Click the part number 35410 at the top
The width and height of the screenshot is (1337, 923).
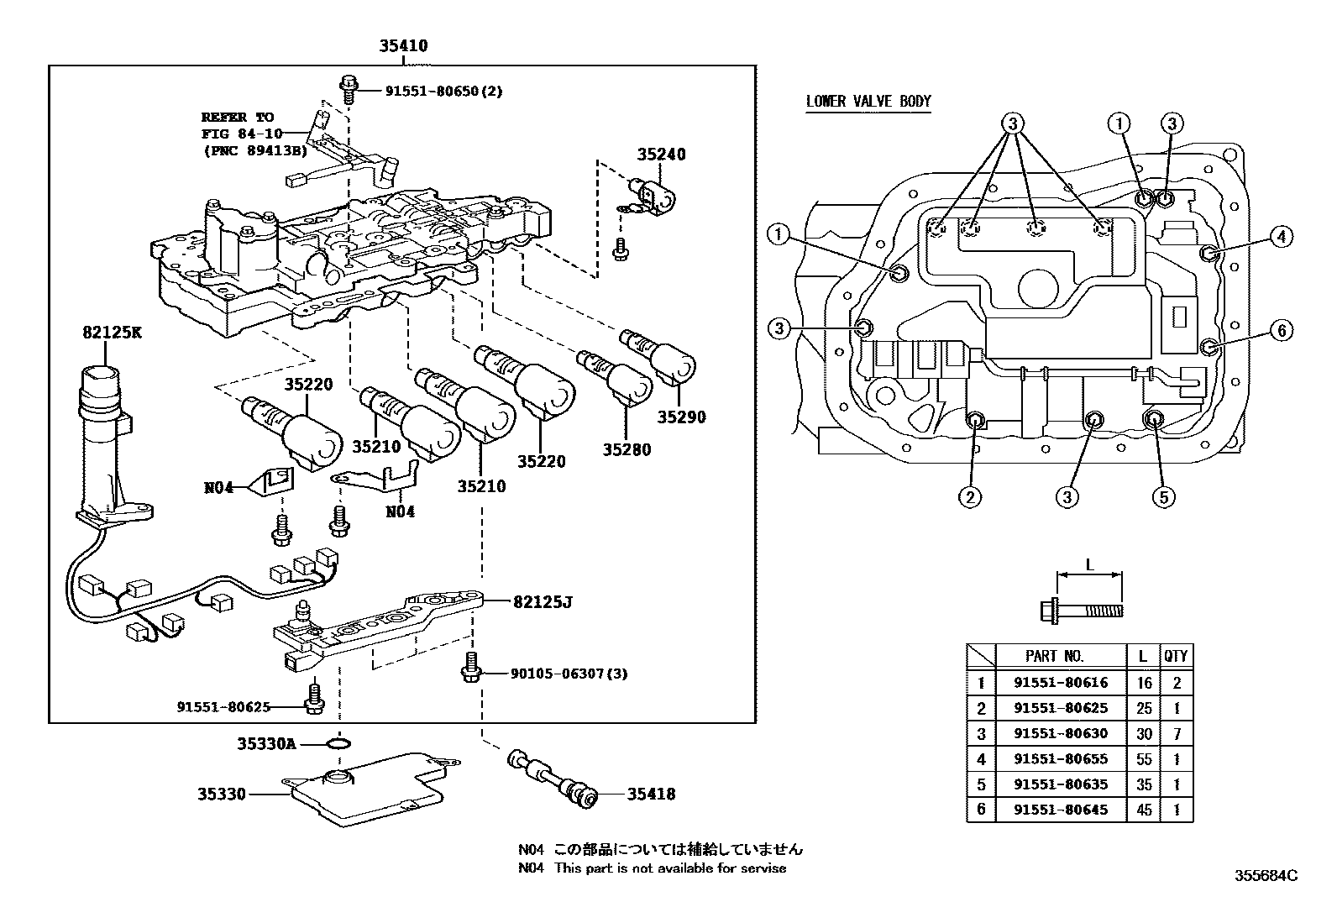click(x=402, y=46)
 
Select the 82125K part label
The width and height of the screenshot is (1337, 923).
click(x=113, y=333)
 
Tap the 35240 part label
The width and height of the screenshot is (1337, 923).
click(x=660, y=155)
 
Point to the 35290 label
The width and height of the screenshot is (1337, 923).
click(x=681, y=417)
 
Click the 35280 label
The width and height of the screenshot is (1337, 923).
click(x=626, y=449)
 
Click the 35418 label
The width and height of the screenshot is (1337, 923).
click(x=650, y=794)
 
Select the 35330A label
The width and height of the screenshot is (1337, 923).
click(x=266, y=743)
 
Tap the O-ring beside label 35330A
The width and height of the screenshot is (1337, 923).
click(x=338, y=743)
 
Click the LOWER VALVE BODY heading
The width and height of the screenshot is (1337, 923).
click(x=868, y=102)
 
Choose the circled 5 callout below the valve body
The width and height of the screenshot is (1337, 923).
click(x=1163, y=497)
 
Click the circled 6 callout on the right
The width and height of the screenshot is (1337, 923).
click(x=1281, y=331)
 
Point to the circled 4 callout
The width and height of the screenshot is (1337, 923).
click(x=1280, y=237)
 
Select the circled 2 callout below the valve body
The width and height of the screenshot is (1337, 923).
click(x=970, y=497)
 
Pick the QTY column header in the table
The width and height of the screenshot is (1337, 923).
click(x=1176, y=656)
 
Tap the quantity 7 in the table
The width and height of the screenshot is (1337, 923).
click(x=1177, y=733)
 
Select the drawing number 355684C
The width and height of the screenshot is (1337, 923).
click(x=1265, y=875)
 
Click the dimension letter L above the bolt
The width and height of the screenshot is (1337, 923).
click(x=1089, y=565)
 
